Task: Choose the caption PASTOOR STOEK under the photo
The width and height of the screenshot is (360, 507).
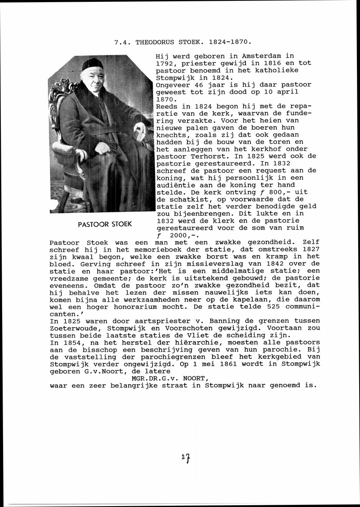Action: click(105, 225)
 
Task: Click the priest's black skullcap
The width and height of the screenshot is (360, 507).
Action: click(93, 64)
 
